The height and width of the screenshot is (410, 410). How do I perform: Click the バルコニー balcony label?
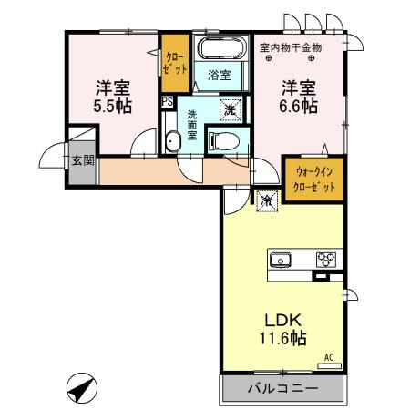pos(283,389)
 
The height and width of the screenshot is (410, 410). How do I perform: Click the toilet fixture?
pos(223,139)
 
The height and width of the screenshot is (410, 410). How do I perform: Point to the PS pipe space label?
pos(167,102)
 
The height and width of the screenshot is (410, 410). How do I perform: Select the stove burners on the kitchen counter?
pos(324,259)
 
